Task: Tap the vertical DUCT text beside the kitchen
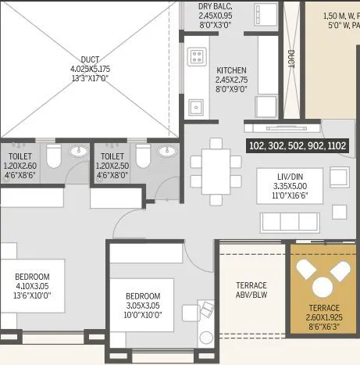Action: tap(290, 59)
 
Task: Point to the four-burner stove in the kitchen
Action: tap(196, 56)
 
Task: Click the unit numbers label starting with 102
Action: tap(297, 145)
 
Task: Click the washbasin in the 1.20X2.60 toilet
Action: tap(77, 151)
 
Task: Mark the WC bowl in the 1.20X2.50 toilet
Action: tap(142, 157)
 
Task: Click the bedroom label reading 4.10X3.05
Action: tap(32, 286)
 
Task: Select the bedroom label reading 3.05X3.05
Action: tap(143, 305)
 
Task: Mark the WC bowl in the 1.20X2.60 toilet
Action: tap(53, 158)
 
